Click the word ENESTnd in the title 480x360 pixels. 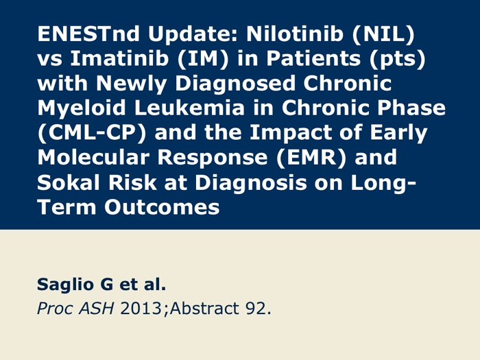coord(88,34)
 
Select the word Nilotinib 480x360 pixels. coord(295,34)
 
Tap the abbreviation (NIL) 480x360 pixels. coord(383,34)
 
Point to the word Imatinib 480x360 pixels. coord(119,58)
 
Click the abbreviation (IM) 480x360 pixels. coord(203,59)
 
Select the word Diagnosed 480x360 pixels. coord(235,84)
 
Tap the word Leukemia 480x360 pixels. coord(189,108)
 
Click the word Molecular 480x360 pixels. coord(93,157)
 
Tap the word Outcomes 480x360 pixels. coord(162,207)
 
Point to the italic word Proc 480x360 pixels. coord(55,309)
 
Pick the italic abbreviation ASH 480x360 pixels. coord(97,308)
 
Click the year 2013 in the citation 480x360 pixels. coord(141,309)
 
